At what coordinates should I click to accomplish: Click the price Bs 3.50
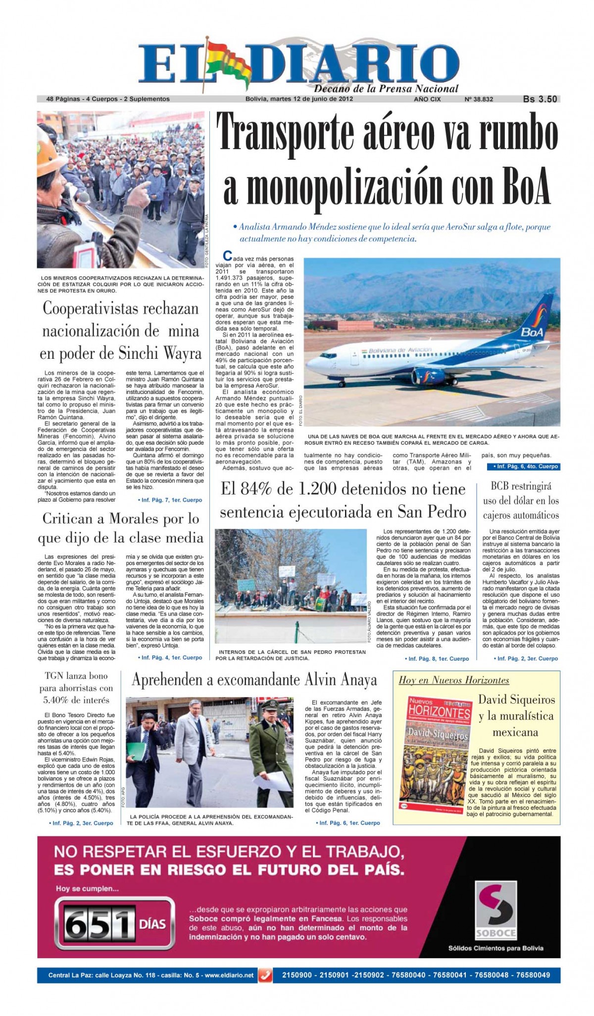(x=540, y=99)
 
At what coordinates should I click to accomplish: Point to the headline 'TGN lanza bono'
(x=76, y=676)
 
